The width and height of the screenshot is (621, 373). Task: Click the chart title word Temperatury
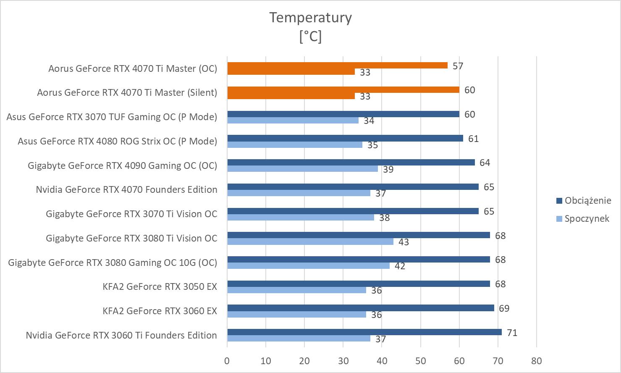(310, 18)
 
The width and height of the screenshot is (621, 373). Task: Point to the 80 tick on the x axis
(536, 361)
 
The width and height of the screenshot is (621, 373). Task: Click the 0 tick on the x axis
(227, 361)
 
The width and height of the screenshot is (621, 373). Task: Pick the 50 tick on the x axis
(420, 361)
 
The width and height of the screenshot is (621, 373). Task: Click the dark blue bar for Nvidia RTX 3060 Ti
(364, 332)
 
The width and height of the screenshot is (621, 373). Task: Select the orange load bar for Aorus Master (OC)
(337, 66)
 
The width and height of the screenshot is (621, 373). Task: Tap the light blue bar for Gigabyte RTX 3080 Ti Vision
(310, 242)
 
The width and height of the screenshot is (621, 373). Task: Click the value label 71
(512, 333)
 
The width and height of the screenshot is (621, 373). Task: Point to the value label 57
(458, 66)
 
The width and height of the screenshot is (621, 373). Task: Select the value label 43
(404, 242)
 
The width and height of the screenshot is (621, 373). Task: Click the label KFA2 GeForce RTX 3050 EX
(160, 287)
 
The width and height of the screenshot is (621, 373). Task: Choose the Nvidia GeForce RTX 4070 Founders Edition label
(126, 190)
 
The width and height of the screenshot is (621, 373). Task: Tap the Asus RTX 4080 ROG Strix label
(117, 141)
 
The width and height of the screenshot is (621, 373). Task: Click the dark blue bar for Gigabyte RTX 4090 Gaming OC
(351, 163)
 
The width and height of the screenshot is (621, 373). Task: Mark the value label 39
(388, 170)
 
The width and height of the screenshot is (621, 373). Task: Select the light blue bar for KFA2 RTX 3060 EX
(296, 315)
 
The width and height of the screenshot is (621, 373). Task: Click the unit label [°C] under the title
(310, 37)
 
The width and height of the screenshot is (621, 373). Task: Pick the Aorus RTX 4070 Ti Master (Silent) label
(127, 93)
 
